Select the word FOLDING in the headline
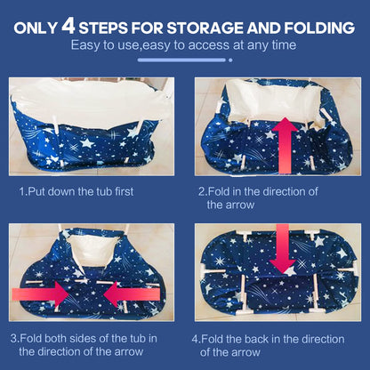(319, 28)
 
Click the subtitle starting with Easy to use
(183, 45)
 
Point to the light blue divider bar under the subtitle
(181, 60)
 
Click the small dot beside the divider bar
(230, 60)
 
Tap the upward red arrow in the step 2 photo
(285, 145)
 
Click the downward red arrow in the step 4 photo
(282, 248)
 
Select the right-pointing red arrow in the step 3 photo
(40, 294)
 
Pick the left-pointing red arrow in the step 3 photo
(132, 294)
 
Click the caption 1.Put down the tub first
(76, 191)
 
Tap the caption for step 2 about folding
(258, 198)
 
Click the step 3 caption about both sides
(84, 345)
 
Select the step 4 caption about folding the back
(269, 345)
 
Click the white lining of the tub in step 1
(89, 100)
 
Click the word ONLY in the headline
(36, 28)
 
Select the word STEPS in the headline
(104, 28)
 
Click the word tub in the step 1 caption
(105, 191)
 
